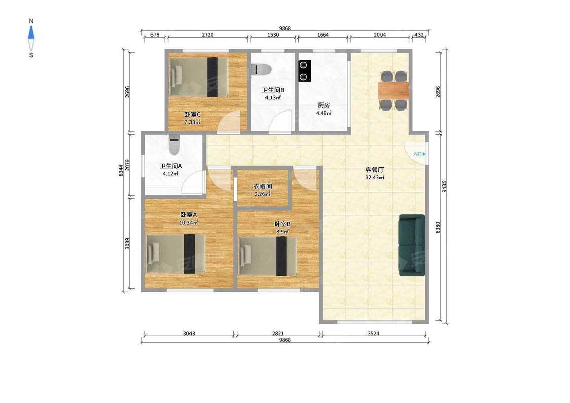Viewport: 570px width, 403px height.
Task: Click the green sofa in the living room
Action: point(412,245)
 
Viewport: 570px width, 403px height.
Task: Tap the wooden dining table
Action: point(394,90)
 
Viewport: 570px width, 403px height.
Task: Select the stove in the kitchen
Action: point(305,71)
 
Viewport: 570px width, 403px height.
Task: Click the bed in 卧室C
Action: point(199,77)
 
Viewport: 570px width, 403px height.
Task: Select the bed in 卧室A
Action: point(176,254)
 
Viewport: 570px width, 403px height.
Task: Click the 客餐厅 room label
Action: point(375,170)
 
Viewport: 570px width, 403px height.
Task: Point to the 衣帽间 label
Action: point(262,186)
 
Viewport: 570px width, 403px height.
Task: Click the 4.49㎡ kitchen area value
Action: point(324,113)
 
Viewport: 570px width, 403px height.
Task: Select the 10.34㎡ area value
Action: point(188,222)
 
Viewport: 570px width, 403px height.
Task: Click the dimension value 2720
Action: point(207,35)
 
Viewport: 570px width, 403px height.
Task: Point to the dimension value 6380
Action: point(438,228)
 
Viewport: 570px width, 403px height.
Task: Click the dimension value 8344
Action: point(121,171)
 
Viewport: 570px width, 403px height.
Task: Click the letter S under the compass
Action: point(31,55)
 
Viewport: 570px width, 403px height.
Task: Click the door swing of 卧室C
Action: point(229,121)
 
